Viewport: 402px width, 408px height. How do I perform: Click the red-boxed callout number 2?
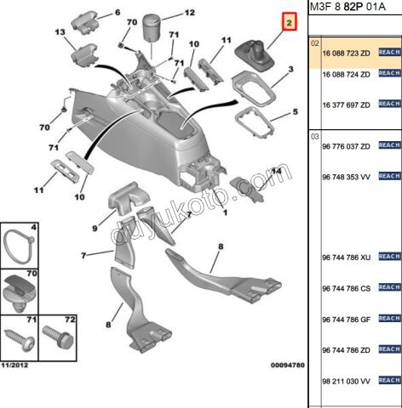(289, 22)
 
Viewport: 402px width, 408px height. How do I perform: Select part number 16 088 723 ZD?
(346, 54)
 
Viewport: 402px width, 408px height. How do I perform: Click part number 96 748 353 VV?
(346, 177)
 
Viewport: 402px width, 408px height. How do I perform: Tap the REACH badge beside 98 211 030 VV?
(389, 380)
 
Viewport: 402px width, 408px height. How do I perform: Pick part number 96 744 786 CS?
(346, 288)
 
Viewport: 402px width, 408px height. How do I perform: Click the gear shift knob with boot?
(255, 55)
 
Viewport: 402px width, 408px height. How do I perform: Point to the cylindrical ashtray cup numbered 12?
(151, 28)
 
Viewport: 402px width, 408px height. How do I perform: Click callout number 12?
(189, 13)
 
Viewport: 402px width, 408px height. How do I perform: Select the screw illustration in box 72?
(58, 337)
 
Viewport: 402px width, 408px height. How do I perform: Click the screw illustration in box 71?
(20, 339)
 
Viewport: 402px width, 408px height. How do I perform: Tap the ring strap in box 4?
(19, 246)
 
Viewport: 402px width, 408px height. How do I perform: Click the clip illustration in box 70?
(19, 293)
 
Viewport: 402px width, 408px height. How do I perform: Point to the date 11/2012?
(14, 365)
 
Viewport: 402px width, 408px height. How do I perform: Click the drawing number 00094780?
(288, 365)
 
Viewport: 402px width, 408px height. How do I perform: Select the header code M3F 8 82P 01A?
(347, 7)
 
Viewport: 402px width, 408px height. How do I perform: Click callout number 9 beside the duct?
(95, 228)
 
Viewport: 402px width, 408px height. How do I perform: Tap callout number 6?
(118, 13)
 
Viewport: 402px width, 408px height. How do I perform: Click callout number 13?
(60, 32)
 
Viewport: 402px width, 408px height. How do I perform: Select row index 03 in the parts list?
(315, 137)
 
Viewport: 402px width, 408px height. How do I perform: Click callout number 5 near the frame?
(296, 112)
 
